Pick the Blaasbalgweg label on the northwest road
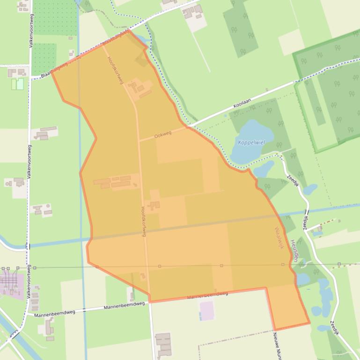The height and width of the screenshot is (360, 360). click(54, 71)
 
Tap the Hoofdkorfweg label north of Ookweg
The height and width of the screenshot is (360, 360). click(115, 71)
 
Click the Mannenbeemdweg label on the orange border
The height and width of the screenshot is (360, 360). click(207, 295)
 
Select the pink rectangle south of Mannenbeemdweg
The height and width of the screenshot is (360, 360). click(207, 310)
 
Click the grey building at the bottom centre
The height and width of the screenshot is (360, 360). click(163, 346)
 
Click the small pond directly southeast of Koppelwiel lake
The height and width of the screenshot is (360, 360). click(264, 168)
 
